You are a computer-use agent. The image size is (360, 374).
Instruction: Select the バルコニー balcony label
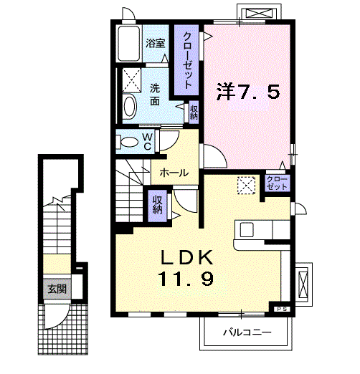pyautogui.click(x=245, y=332)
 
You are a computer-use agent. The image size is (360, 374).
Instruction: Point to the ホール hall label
pyautogui.click(x=174, y=173)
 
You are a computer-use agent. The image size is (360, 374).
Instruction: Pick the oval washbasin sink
pyautogui.click(x=130, y=107)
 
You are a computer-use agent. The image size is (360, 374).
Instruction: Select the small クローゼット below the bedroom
pyautogui.click(x=276, y=182)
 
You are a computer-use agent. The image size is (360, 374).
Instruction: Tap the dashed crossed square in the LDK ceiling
pyautogui.click(x=247, y=185)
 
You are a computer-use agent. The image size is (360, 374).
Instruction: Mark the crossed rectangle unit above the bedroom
pyautogui.click(x=260, y=13)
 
